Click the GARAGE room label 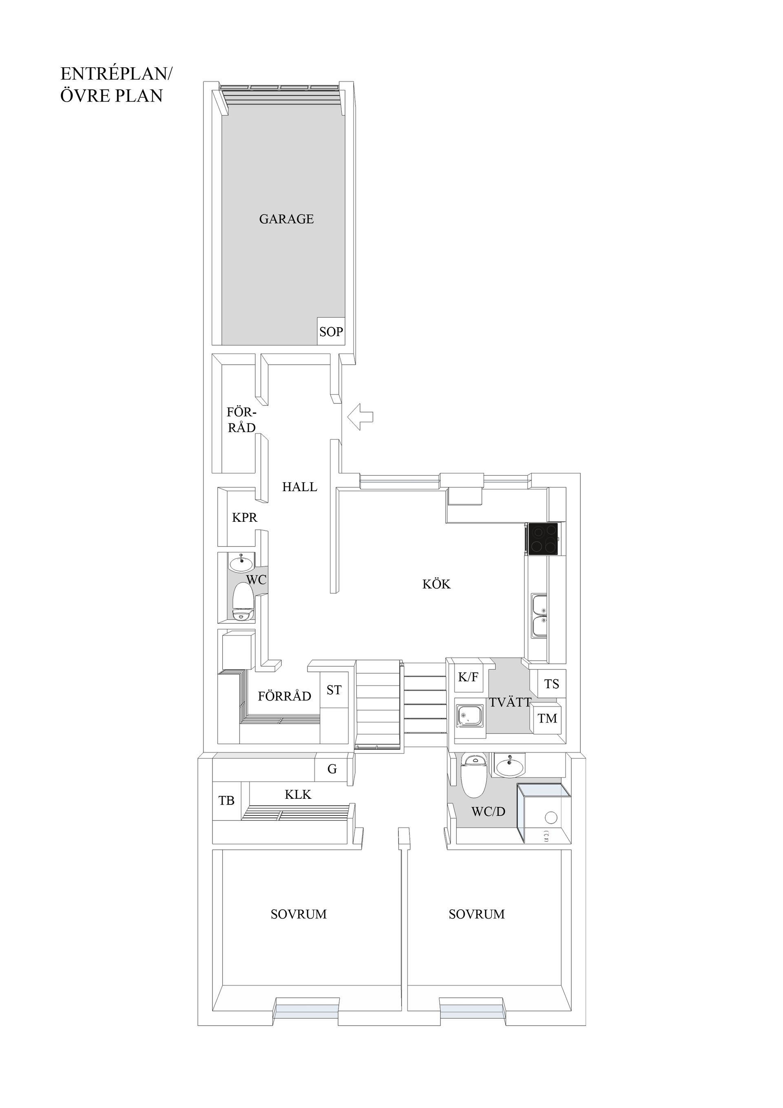coord(286,219)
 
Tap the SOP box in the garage coord(331,332)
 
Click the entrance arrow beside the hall coord(361,417)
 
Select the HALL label coord(300,487)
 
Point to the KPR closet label coord(245,517)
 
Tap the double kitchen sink coord(540,616)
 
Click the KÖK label coord(436,585)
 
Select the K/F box coord(468,677)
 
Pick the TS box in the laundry coord(551,684)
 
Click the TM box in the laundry coord(547,718)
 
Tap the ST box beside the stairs coord(334,690)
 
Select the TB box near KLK coord(226,800)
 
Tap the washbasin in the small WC coord(241,562)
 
